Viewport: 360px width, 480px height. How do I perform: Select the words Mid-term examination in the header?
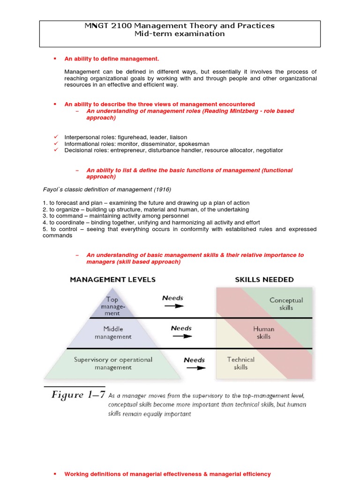click(x=180, y=34)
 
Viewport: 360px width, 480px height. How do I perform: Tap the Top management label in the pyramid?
click(x=112, y=306)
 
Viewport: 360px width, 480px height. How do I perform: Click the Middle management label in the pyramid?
click(x=113, y=333)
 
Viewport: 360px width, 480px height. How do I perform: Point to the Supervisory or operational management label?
click(x=113, y=363)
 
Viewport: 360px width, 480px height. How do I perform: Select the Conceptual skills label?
click(x=286, y=304)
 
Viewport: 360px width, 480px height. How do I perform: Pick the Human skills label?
click(x=264, y=333)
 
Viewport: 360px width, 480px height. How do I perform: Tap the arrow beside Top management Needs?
click(x=174, y=306)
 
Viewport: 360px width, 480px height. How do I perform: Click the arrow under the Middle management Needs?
click(x=182, y=337)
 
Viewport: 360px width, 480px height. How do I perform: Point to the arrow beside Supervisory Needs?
click(x=195, y=368)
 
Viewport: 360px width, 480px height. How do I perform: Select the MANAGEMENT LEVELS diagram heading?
click(x=112, y=280)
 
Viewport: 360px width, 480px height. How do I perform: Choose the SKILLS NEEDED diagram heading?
click(x=264, y=280)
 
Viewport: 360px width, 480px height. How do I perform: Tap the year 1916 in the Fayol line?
click(x=162, y=189)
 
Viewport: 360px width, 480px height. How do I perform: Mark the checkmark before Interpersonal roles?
click(x=55, y=137)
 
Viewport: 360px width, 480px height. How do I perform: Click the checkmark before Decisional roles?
click(x=55, y=150)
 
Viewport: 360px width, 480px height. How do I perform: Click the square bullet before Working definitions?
click(x=55, y=474)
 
